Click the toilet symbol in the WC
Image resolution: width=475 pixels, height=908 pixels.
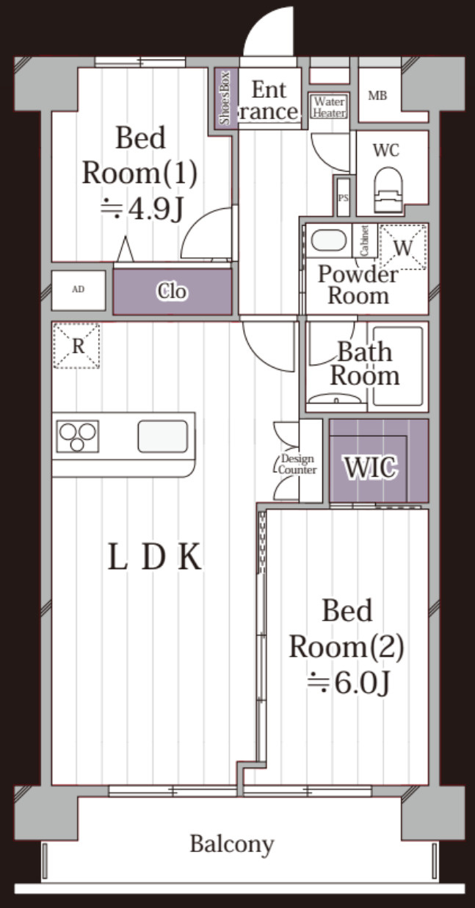coord(388,190)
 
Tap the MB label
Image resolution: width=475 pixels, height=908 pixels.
coord(377,96)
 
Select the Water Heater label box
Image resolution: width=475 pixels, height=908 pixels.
coord(330,107)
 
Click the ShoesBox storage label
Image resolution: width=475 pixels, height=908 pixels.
coord(225,98)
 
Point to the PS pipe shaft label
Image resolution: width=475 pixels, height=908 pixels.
coord(343,199)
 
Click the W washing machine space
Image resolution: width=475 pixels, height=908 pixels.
coord(403,247)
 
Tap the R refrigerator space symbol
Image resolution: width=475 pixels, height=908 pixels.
coord(76,346)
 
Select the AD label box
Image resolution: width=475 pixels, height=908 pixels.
coord(79,290)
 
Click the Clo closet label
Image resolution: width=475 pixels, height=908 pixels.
coord(172,291)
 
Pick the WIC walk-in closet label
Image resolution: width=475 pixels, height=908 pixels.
coord(370,468)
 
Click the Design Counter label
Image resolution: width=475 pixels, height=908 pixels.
coord(297,464)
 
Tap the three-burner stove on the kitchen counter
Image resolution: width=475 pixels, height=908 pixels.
coord(78,436)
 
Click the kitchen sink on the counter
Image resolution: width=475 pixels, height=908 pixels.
coord(163,436)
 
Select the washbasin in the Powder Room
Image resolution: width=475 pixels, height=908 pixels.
coord(328,240)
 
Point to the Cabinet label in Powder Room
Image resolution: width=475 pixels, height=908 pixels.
coord(364,240)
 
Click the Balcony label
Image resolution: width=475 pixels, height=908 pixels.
coord(232,844)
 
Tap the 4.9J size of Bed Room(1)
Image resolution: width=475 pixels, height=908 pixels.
coord(142,210)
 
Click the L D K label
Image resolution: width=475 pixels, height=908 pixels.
coord(155,557)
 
